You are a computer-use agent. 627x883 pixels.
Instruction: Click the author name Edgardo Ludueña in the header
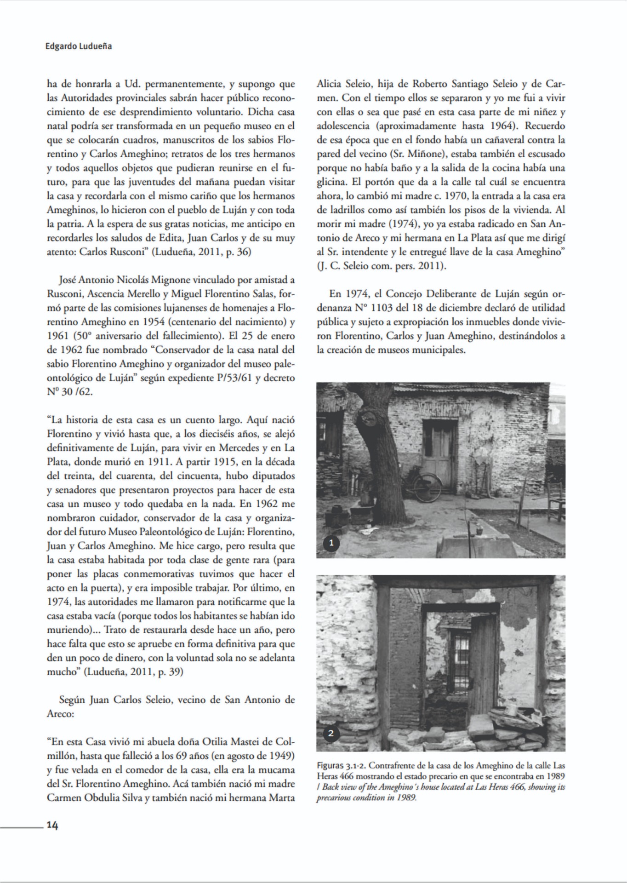[x=79, y=46]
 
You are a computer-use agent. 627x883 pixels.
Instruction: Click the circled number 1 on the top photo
[x=331, y=543]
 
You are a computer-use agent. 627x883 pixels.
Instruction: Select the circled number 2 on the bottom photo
[x=331, y=733]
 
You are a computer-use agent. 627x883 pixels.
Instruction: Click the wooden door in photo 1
[x=439, y=455]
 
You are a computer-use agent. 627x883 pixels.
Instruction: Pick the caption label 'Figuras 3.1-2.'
[x=342, y=766]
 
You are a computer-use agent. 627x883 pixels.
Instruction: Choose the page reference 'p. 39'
[x=171, y=672]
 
